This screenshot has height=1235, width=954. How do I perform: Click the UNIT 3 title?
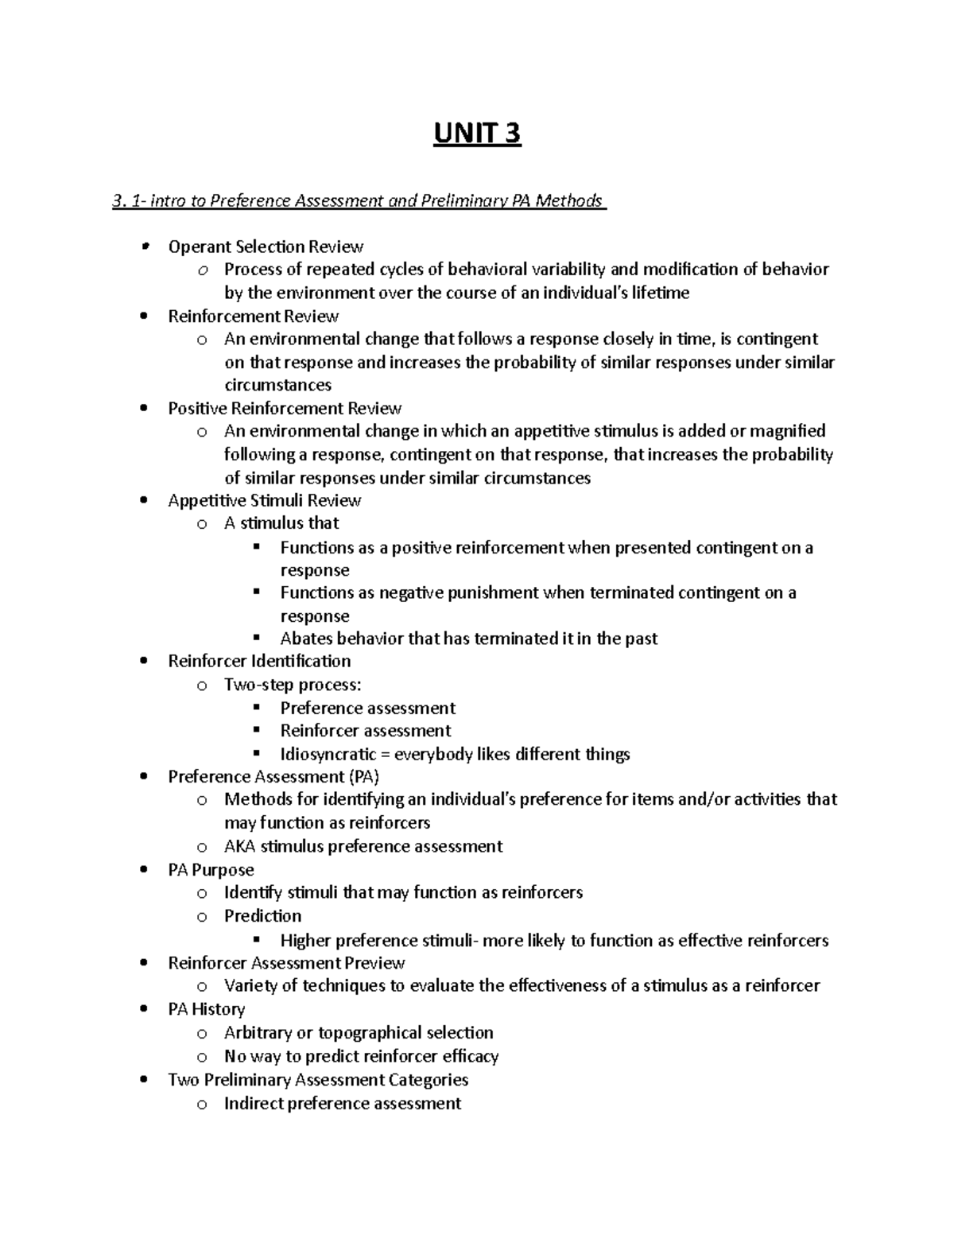click(477, 134)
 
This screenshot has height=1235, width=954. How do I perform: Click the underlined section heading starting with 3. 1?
click(359, 200)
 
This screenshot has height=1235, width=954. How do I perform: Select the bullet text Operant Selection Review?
click(266, 247)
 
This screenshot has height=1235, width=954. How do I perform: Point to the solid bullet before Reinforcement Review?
click(143, 317)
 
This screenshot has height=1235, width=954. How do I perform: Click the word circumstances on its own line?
click(277, 386)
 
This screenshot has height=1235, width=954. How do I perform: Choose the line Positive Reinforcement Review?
click(285, 409)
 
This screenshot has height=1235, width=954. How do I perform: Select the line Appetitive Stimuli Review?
click(265, 501)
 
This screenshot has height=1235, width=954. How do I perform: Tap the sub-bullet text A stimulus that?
click(281, 523)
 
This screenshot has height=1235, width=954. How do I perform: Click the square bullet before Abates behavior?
click(256, 638)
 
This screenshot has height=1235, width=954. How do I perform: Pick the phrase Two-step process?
click(292, 685)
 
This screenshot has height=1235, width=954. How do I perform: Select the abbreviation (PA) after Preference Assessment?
click(364, 777)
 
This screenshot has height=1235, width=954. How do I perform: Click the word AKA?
click(239, 846)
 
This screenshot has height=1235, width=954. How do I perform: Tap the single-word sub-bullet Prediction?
click(262, 916)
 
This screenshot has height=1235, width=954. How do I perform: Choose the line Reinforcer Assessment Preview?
click(286, 963)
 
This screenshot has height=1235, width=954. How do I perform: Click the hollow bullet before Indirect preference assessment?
click(203, 1104)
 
